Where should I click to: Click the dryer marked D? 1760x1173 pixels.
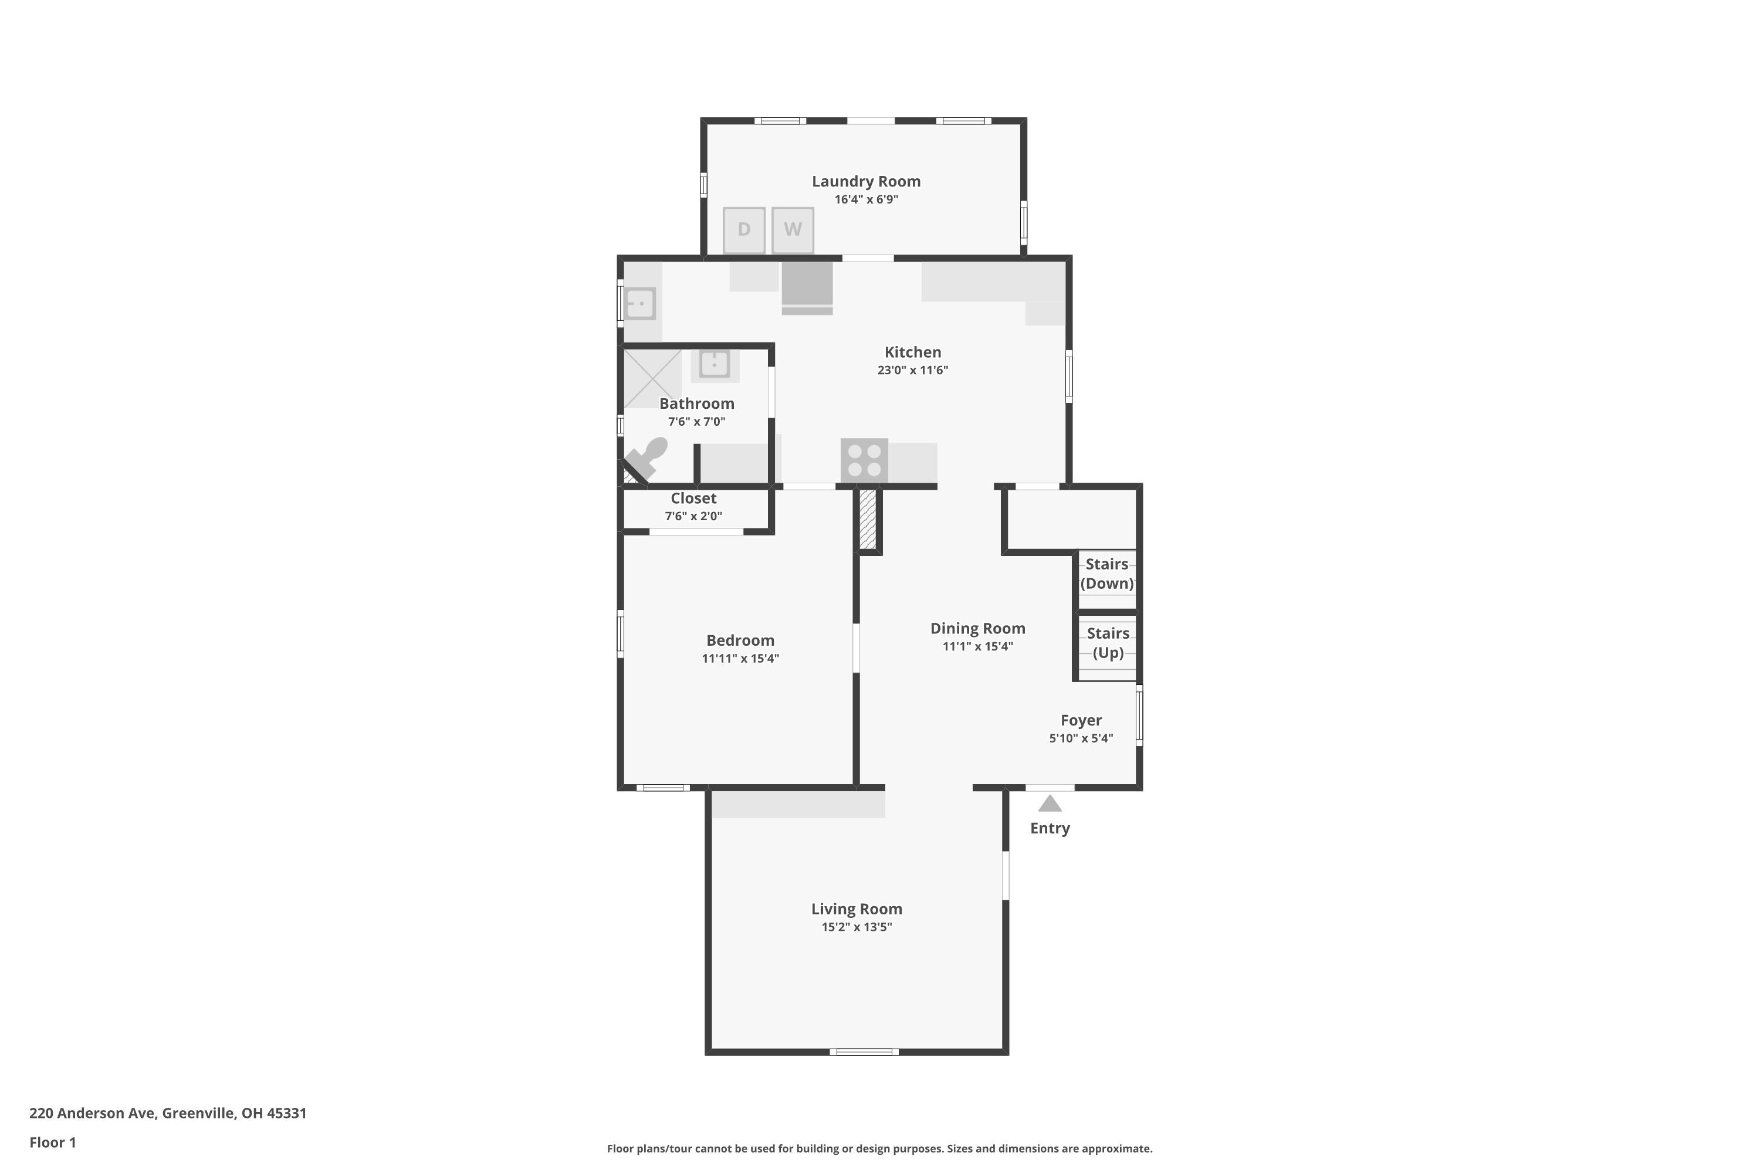point(744,230)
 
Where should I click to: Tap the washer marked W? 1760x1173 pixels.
point(793,230)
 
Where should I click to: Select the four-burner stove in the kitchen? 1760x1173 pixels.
point(864,460)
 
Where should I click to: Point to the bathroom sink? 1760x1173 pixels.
point(715,364)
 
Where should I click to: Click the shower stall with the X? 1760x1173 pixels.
point(652,378)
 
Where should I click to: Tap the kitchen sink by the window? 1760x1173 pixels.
point(641,304)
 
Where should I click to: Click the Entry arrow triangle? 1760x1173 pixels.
point(1050,804)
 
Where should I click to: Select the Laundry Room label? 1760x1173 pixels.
point(866,181)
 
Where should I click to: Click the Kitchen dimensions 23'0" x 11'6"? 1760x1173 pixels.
point(912,369)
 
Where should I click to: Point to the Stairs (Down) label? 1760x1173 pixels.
point(1106,574)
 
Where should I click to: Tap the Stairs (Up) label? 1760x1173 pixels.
point(1108,643)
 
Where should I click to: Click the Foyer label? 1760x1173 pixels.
point(1081,720)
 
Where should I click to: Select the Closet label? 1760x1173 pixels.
point(693,498)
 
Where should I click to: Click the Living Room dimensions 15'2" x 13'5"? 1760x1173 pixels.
point(856,927)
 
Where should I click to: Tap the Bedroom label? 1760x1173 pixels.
point(740,640)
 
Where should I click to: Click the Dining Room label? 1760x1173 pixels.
point(977,628)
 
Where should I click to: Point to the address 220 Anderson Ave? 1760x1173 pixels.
point(168,1113)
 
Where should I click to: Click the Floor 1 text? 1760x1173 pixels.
point(52,1143)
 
